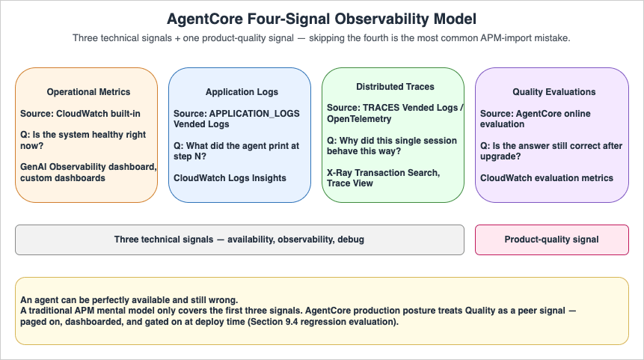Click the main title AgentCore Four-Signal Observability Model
coord(322,18)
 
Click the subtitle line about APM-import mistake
coord(322,37)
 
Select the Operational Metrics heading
coord(88,92)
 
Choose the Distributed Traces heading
coord(395,87)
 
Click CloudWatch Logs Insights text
coord(230,178)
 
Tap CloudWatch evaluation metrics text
coord(547,178)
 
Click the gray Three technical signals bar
coord(239,240)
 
